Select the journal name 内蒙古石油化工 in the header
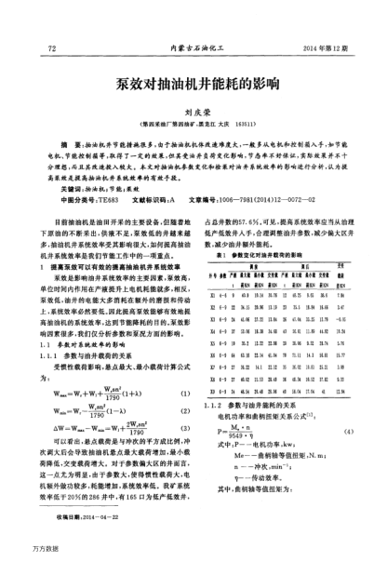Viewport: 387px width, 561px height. pyautogui.click(x=193, y=47)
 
